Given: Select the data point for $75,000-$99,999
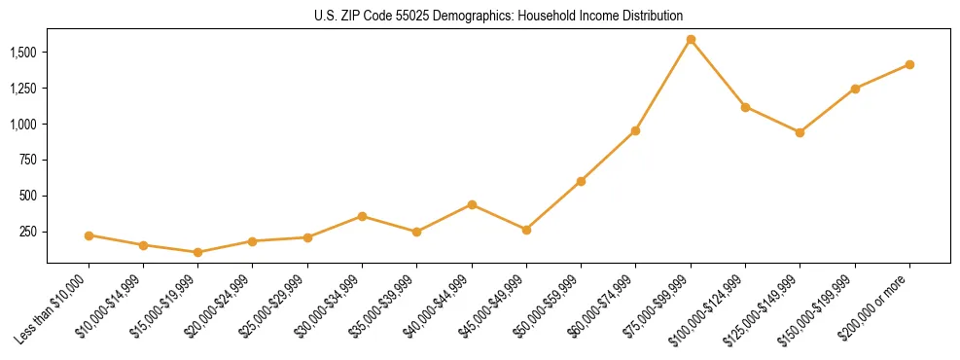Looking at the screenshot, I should click(x=691, y=40).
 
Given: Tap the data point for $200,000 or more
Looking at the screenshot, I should click(x=909, y=65).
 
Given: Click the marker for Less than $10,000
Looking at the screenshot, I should click(x=89, y=235).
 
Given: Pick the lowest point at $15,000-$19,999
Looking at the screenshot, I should click(x=198, y=252).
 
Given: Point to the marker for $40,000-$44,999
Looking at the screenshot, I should click(x=472, y=204).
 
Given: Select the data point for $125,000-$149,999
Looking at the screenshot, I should click(x=800, y=132).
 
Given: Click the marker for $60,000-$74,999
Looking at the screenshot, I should click(x=635, y=130).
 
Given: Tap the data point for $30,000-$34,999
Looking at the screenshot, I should click(x=362, y=216).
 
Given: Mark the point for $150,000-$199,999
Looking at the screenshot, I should click(x=855, y=89).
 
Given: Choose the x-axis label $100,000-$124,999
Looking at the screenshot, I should click(x=711, y=308).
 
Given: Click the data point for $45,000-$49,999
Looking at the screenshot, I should click(x=526, y=230).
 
